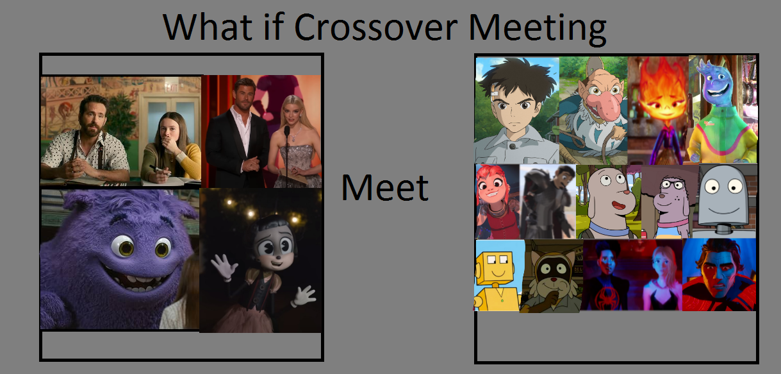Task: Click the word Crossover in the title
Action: (x=375, y=27)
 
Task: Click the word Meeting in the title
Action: (x=538, y=30)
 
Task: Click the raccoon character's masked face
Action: (x=552, y=272)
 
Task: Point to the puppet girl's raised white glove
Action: (x=222, y=267)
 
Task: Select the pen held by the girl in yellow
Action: (x=159, y=170)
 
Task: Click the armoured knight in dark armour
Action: (x=548, y=202)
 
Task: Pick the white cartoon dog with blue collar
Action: (x=609, y=203)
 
